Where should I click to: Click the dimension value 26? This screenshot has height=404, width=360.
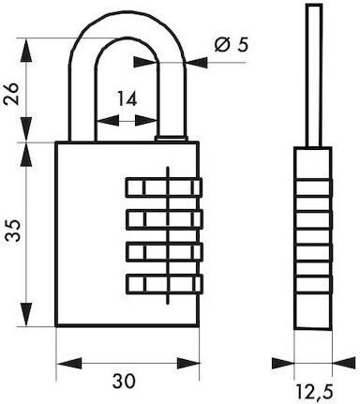pos(11,94)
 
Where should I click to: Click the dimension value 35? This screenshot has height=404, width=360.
pos(13,230)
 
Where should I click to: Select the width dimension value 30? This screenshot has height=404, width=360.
pos(124,381)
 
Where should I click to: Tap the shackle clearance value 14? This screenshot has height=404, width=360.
pos(127,98)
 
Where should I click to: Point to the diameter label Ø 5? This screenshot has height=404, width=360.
pos(232,45)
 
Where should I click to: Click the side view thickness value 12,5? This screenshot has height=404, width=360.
pos(314,392)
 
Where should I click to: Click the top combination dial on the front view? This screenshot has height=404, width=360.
pos(164,187)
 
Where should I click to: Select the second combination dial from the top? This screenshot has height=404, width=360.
pos(164,219)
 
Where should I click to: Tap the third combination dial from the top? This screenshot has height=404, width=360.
pos(164,251)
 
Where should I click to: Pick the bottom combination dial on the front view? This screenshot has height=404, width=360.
pos(164,284)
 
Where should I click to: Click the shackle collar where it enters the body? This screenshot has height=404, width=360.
pos(171,138)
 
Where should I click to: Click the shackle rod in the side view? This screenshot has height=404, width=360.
pos(314,75)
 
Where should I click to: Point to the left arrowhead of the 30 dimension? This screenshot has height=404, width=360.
pos(68,364)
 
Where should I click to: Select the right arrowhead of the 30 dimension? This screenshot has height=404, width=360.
pos(187,364)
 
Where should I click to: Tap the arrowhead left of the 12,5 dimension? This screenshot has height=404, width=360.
pos(283,364)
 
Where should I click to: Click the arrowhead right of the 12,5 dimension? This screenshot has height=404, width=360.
pos(344,364)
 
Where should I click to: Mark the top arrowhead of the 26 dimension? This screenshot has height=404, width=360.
pos(26,51)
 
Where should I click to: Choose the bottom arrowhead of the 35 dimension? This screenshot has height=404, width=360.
pos(26,314)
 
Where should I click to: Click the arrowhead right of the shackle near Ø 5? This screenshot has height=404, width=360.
pos(196,63)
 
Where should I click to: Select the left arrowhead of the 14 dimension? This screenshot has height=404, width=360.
pos(108,121)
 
